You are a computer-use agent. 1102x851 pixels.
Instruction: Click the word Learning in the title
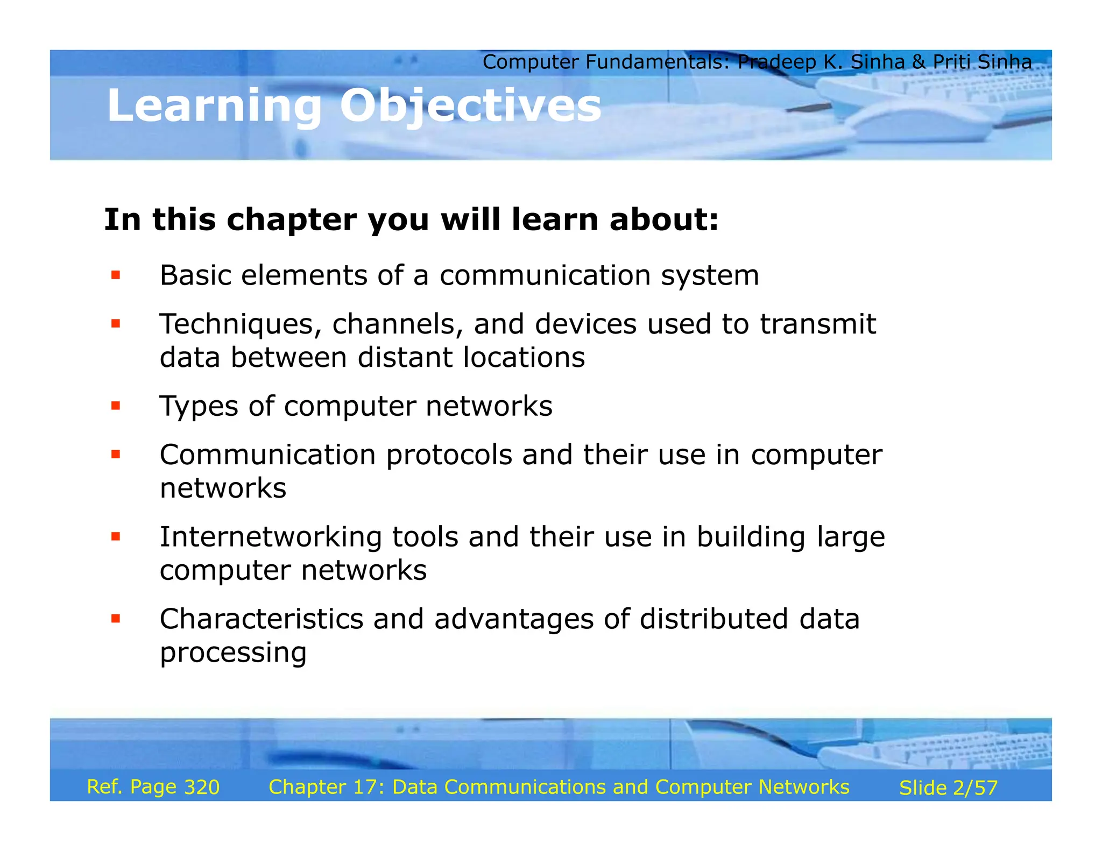(x=214, y=105)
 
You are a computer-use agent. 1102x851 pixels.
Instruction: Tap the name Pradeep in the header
(x=777, y=62)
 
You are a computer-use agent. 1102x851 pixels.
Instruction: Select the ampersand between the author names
(x=919, y=62)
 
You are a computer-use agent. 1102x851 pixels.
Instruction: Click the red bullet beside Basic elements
(x=115, y=275)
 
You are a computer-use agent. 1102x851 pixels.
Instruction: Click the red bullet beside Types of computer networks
(x=115, y=406)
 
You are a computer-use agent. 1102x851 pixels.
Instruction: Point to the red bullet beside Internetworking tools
(x=115, y=536)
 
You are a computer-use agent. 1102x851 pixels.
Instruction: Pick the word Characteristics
(x=262, y=619)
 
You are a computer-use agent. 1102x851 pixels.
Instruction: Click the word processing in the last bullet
(x=233, y=653)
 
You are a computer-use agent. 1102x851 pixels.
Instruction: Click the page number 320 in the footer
(x=202, y=787)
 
